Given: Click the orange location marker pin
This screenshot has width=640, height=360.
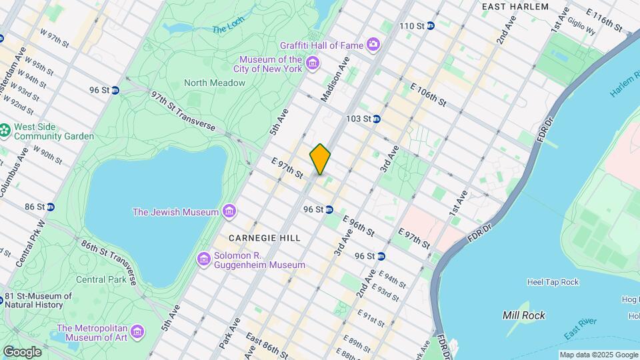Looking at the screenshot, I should pyautogui.click(x=320, y=159).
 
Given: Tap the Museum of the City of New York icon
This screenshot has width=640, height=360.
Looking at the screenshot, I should pyautogui.click(x=313, y=64).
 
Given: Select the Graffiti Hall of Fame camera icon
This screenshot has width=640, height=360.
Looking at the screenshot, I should pyautogui.click(x=373, y=45).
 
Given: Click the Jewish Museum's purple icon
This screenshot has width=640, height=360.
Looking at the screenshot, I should pyautogui.click(x=229, y=212).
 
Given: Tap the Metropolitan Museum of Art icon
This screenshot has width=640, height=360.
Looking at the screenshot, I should pyautogui.click(x=137, y=331).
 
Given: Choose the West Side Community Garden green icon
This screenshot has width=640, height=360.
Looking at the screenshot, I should pyautogui.click(x=5, y=130).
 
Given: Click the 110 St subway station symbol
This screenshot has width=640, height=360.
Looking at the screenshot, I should pyautogui.click(x=431, y=26).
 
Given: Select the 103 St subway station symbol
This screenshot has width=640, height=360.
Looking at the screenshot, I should pyautogui.click(x=376, y=119).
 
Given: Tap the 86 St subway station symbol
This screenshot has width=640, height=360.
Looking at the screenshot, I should pyautogui.click(x=50, y=207).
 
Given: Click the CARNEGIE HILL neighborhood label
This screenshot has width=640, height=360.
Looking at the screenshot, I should pyautogui.click(x=264, y=238).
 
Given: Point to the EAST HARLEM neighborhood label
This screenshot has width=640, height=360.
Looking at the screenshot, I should pyautogui.click(x=515, y=7).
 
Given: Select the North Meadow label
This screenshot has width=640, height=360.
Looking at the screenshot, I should pyautogui.click(x=215, y=83).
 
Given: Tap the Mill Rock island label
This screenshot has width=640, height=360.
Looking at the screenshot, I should pyautogui.click(x=524, y=315).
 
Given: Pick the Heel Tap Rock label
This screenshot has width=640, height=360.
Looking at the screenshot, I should pyautogui.click(x=553, y=282).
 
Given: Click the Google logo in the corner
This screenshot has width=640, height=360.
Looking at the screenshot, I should pyautogui.click(x=22, y=351).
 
